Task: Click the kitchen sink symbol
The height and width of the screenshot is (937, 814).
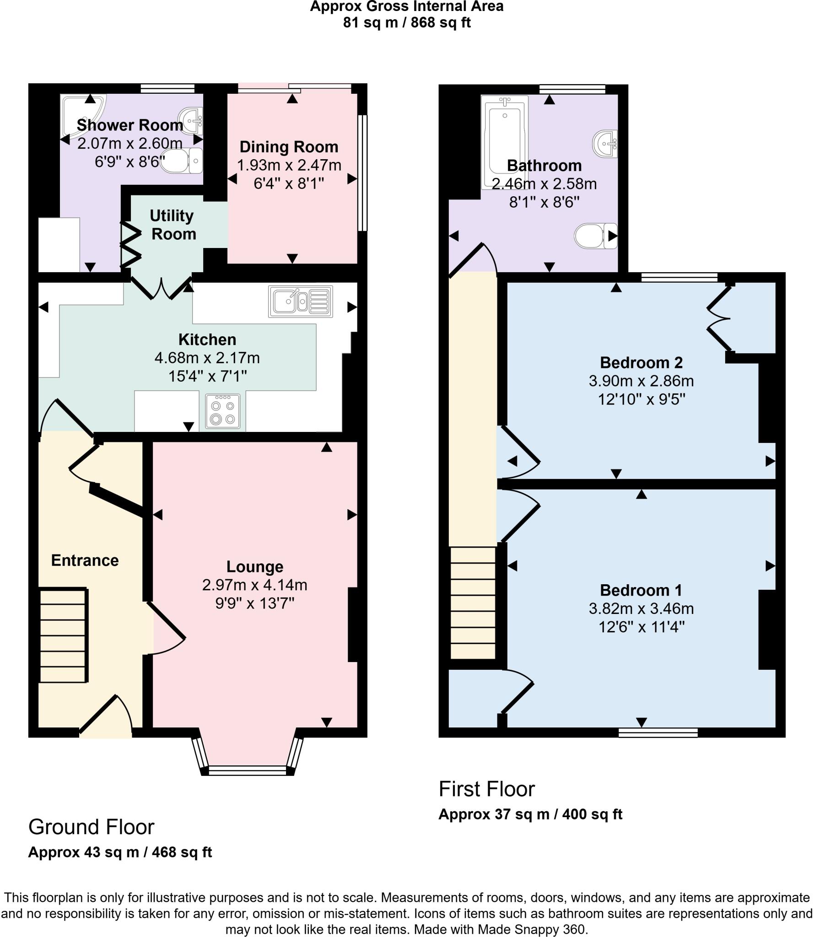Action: [x=300, y=302]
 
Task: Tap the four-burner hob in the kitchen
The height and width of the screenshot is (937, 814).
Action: [x=223, y=411]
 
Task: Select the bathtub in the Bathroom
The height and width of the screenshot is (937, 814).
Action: [x=504, y=142]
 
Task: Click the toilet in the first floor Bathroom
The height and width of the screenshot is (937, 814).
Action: [x=595, y=236]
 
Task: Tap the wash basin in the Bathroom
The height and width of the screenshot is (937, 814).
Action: [x=605, y=144]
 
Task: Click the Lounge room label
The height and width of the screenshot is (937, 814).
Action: [x=255, y=567]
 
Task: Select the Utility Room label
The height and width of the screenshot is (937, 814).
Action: [x=173, y=225]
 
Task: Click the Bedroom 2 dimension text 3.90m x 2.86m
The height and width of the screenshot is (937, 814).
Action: [x=641, y=381]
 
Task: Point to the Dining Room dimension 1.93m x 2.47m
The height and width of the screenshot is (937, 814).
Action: [x=289, y=165]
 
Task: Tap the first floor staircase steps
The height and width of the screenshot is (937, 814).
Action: [x=473, y=603]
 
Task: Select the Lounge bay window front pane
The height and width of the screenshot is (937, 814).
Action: [x=248, y=771]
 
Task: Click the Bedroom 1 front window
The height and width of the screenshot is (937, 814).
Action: [x=658, y=733]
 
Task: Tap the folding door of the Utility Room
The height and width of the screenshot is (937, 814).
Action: [x=130, y=245]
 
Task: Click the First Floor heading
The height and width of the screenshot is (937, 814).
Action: [x=486, y=789]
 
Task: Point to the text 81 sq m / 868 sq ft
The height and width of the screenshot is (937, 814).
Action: [x=406, y=22]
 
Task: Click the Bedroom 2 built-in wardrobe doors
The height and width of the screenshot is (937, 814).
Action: [x=718, y=318]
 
